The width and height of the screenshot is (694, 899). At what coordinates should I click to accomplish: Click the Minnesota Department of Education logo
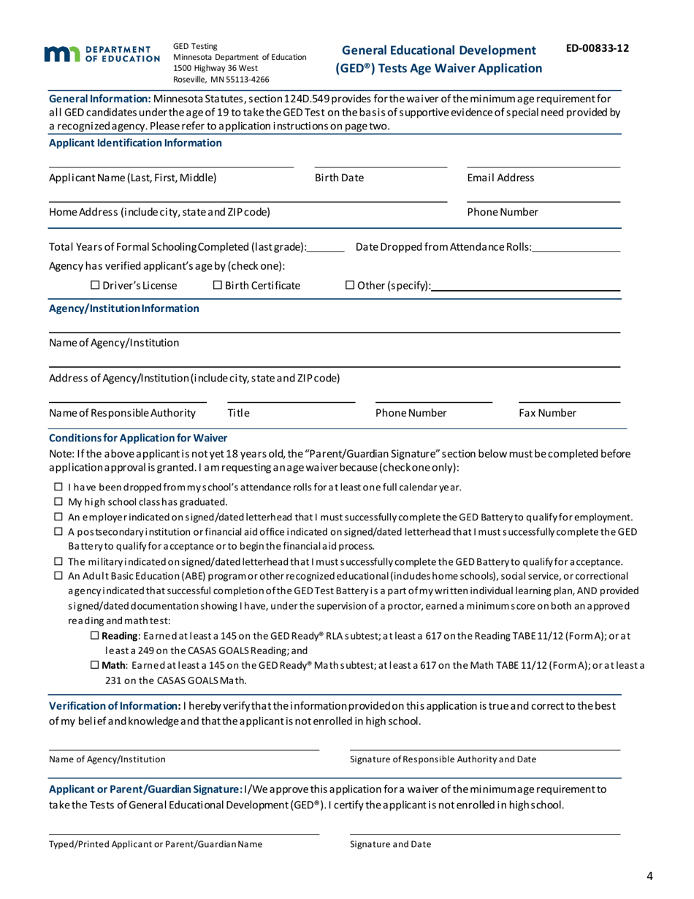(x=102, y=53)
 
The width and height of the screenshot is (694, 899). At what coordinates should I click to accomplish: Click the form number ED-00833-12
(x=598, y=48)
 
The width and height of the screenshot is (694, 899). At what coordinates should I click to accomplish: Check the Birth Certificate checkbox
(x=218, y=284)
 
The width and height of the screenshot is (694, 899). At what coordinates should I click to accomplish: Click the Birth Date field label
(x=339, y=178)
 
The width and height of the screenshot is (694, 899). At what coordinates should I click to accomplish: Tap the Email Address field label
(x=500, y=178)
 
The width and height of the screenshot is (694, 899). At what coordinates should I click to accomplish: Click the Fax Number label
(x=547, y=414)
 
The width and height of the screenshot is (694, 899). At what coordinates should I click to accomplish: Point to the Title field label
(x=238, y=414)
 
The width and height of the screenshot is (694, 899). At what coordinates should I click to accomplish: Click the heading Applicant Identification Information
(x=135, y=143)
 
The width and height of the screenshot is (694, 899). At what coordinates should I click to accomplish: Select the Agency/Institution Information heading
(x=123, y=308)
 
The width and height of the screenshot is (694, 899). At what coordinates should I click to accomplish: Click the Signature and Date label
(x=390, y=844)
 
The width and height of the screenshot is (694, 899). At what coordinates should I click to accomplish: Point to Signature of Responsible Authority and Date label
(x=443, y=759)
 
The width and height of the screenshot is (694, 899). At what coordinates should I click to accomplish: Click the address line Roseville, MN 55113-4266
(x=221, y=79)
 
